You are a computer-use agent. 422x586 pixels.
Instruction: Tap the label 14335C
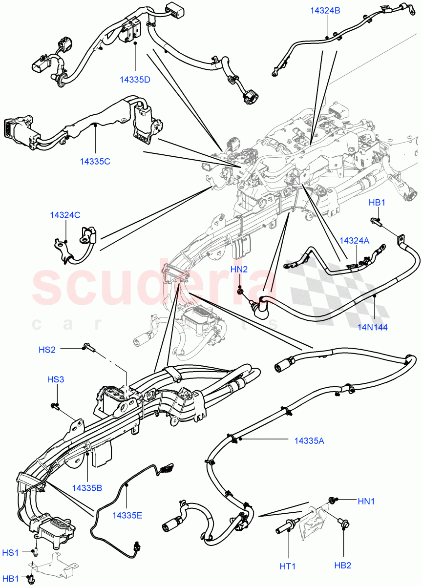point(95,161)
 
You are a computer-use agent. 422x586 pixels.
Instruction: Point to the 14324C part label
point(65,214)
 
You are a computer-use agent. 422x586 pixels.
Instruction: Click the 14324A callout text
point(354,241)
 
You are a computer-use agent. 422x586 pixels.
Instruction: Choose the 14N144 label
point(372,327)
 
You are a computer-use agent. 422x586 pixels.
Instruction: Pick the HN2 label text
point(239,269)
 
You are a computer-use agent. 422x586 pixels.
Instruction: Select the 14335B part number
point(87,488)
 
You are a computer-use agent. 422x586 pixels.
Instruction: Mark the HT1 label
point(288,566)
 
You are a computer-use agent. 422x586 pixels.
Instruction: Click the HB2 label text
point(342,565)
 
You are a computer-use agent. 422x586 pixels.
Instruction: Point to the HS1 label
point(11,552)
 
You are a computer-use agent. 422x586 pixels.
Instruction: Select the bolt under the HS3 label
point(55,405)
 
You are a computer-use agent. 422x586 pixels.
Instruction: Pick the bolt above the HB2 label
point(343,525)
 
